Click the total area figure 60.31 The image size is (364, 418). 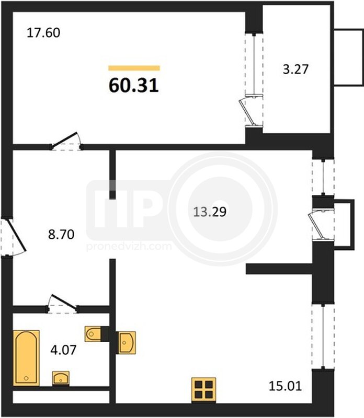134,86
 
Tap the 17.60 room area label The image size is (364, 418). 43,33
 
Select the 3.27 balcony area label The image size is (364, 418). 295,69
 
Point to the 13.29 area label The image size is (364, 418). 210,212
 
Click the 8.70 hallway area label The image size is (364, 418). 61,235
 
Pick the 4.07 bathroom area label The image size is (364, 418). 63,350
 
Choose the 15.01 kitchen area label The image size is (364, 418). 285,386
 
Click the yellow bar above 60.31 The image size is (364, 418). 134,68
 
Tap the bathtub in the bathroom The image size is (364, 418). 27,358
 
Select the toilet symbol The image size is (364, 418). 93,334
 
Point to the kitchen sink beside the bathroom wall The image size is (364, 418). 127,343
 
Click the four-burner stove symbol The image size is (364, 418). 203,390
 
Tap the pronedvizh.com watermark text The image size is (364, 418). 129,246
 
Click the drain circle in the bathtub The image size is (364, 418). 26,378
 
